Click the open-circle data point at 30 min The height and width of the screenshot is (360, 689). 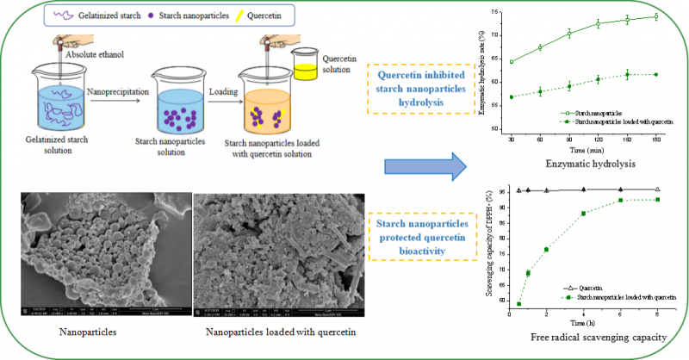click(512, 62)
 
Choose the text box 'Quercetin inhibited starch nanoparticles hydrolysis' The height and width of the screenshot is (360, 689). click(423, 90)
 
